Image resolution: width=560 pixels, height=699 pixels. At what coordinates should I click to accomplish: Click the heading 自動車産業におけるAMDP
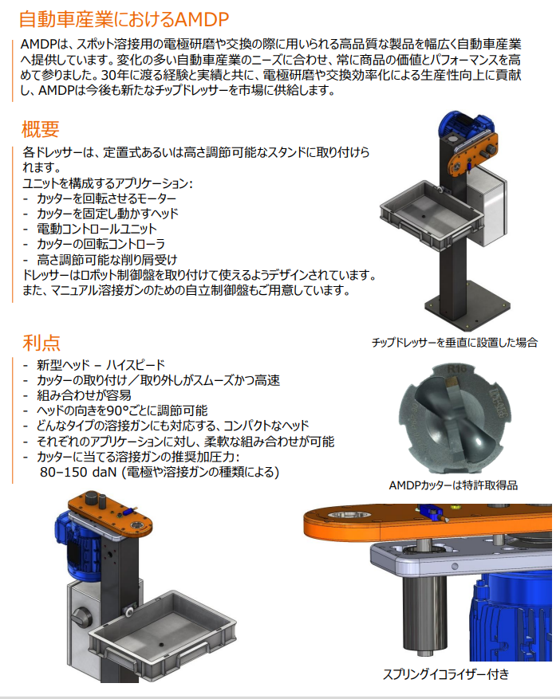click(124, 20)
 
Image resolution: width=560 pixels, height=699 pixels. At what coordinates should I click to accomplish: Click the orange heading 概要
click(41, 129)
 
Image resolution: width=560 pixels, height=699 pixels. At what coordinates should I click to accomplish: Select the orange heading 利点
click(41, 343)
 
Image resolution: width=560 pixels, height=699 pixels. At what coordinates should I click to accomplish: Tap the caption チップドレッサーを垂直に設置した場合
click(455, 343)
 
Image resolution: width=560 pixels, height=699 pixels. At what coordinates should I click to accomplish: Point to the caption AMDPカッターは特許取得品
click(453, 485)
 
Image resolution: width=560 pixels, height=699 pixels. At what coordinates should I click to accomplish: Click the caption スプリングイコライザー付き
click(446, 674)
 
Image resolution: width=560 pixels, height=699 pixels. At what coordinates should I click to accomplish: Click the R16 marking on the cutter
click(456, 369)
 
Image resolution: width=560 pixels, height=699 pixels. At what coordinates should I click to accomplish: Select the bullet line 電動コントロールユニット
click(97, 229)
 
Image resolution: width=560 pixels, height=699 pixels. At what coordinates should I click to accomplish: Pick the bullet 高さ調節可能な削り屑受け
click(107, 260)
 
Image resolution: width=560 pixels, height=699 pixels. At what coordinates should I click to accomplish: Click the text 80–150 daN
click(78, 472)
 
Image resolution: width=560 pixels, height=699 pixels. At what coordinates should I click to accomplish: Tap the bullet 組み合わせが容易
click(84, 395)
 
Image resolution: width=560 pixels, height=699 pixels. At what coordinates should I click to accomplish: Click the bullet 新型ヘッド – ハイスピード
click(101, 365)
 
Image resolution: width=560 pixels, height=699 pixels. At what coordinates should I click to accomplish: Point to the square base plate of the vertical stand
click(467, 308)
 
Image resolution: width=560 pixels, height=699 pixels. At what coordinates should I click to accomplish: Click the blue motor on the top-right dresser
click(464, 124)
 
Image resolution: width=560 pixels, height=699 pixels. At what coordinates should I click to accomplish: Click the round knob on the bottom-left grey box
click(82, 618)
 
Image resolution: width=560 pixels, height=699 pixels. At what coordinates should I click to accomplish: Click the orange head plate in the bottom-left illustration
click(109, 513)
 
